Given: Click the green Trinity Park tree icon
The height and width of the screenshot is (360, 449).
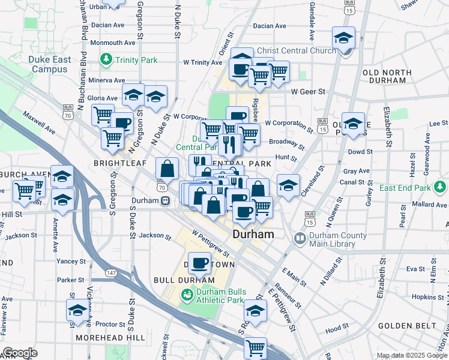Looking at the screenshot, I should (106, 59).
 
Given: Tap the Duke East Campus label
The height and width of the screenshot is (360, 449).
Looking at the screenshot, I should (49, 64).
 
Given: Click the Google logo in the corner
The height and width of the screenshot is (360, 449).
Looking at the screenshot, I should (19, 353).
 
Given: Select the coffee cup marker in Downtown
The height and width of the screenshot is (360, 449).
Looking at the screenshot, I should (201, 263).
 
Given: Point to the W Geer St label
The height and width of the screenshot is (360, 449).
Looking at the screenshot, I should (308, 92).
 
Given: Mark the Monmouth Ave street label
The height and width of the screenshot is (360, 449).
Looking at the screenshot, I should (113, 43).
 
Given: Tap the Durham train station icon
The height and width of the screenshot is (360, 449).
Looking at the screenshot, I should (163, 202).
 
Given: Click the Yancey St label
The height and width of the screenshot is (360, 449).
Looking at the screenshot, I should (71, 262).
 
